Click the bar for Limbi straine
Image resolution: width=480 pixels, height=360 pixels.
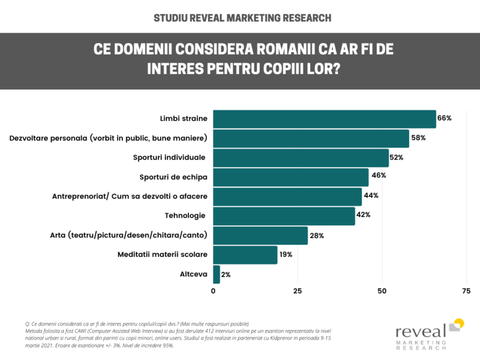click(324, 119)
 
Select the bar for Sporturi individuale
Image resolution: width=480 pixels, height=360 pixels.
click(301, 158)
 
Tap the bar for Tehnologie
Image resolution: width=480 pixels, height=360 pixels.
click(284, 215)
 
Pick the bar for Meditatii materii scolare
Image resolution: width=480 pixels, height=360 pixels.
click(245, 254)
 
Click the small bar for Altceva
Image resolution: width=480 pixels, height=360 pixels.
click(217, 274)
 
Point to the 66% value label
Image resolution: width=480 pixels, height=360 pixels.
click(444, 118)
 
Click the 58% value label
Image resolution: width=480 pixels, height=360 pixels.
click(418, 138)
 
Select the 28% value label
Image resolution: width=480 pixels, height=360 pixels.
click(317, 235)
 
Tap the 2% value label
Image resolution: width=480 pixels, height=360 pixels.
click(226, 274)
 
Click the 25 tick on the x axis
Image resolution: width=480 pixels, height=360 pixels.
click(297, 291)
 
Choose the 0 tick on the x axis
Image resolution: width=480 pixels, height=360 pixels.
click(214, 291)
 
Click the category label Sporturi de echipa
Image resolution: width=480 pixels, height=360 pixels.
click(173, 176)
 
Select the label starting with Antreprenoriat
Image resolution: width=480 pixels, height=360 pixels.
click(130, 196)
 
